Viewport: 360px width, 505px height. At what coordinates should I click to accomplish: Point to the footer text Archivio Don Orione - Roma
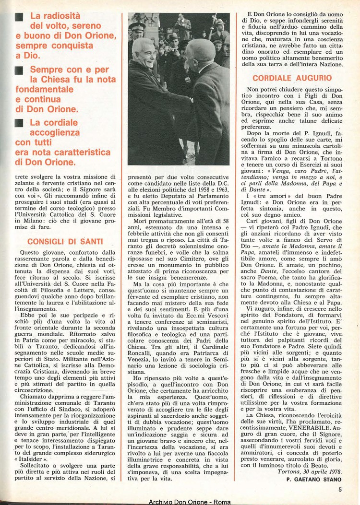[x=180, y=501]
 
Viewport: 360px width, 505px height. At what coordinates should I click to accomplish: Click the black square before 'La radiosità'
[x=19, y=16]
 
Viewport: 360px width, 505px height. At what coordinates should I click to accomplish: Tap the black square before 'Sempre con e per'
[x=19, y=70]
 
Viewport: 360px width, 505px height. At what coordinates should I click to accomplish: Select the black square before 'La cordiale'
[x=19, y=123]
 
